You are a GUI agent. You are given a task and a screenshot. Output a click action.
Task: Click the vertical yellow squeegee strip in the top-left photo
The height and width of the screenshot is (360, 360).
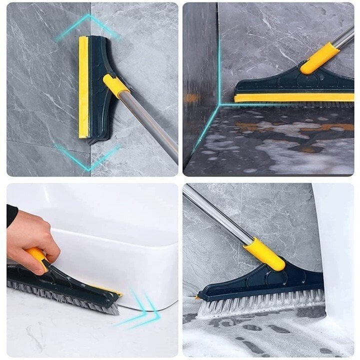(83, 87)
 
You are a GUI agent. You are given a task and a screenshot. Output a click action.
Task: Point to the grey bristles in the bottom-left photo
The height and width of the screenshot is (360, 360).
(65, 295)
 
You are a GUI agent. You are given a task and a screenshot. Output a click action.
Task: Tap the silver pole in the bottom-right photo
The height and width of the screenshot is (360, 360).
(215, 215)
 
